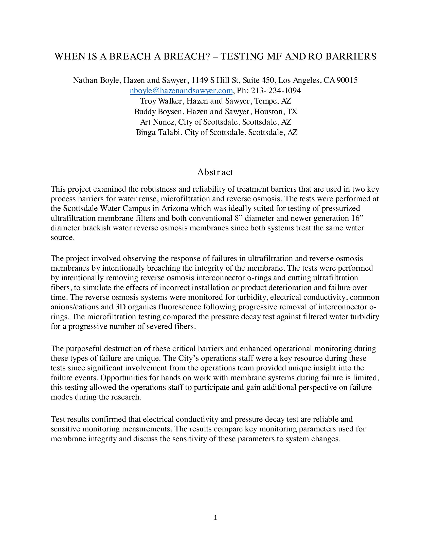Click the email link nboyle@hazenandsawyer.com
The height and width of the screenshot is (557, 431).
[181, 91]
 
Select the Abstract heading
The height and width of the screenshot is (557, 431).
[215, 172]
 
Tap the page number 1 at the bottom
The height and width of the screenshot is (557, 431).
[215, 518]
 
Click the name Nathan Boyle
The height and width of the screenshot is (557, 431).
[96, 80]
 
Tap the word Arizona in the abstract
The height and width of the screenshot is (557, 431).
[174, 209]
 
